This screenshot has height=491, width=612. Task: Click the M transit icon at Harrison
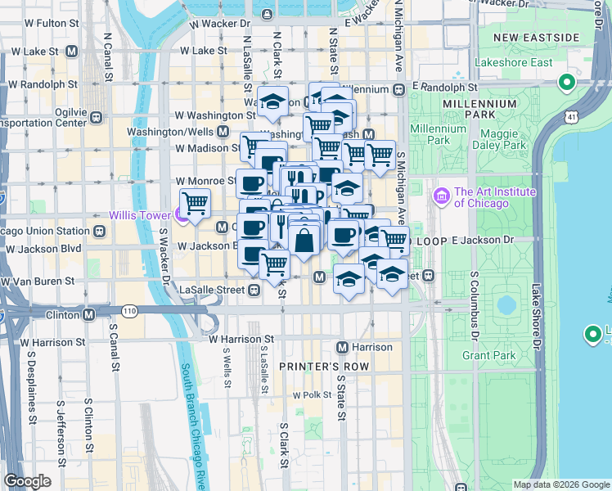[343, 347]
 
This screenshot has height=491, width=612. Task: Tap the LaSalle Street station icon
[254, 290]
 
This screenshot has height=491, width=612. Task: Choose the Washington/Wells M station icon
[223, 131]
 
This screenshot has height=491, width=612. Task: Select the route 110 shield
[130, 311]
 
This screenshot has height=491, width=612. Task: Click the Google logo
[27, 480]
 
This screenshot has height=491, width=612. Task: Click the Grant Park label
[489, 355]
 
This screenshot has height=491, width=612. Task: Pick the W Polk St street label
[310, 395]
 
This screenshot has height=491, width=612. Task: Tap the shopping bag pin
[304, 241]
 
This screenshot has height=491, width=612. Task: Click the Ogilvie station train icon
[97, 116]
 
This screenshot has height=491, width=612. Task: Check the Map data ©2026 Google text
[560, 484]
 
